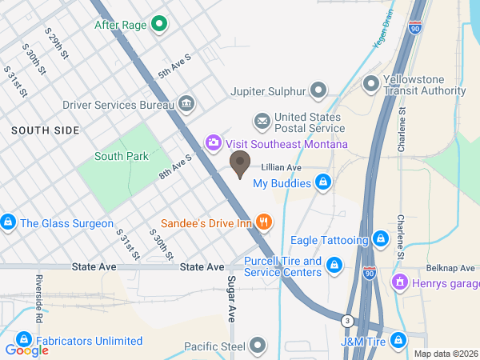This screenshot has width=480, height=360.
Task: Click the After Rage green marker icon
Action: (x=158, y=24)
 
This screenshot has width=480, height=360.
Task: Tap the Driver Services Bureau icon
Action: (x=186, y=104)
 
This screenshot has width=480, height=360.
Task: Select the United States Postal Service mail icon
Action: (x=262, y=122)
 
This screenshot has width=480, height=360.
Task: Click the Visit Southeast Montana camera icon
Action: (x=214, y=144)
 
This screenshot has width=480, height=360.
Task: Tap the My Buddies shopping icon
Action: (x=322, y=183)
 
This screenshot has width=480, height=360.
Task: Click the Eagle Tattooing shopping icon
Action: (x=381, y=239)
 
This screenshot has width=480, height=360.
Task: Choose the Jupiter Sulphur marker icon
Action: (x=319, y=90)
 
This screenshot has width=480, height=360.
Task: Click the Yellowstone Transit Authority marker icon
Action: (x=370, y=83)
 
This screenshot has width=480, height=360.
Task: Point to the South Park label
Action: (x=121, y=156)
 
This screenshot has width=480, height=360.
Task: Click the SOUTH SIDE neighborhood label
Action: (x=46, y=130)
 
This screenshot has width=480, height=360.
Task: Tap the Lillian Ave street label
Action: (x=281, y=168)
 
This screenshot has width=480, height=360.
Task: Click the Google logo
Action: (x=26, y=350)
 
